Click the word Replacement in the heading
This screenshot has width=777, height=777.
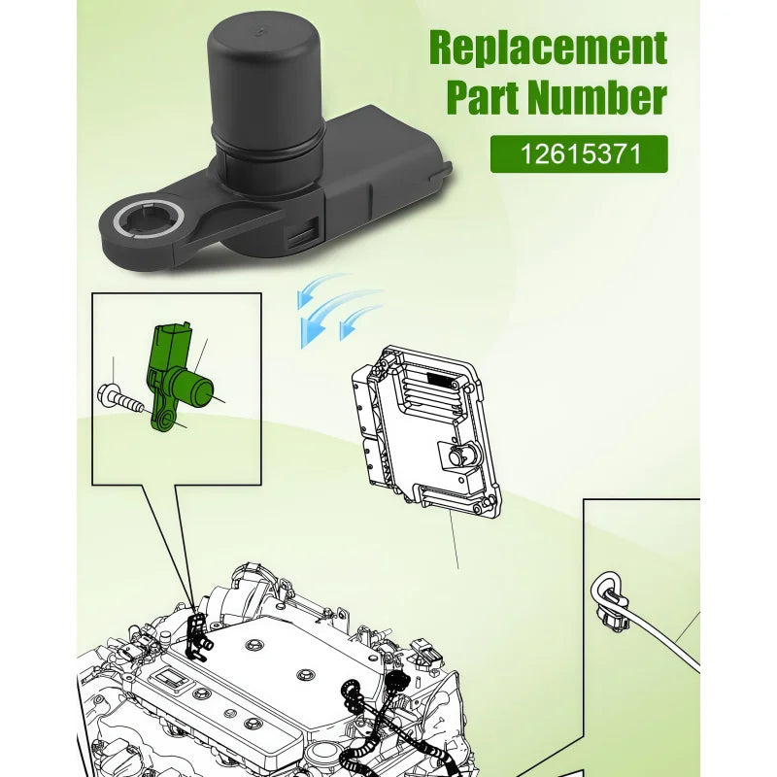point(548,48)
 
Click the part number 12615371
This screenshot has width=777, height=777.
point(580,154)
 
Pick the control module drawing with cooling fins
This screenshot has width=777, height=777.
point(426,429)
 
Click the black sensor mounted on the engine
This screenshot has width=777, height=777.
point(198,638)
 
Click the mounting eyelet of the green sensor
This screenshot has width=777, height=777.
point(163,420)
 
